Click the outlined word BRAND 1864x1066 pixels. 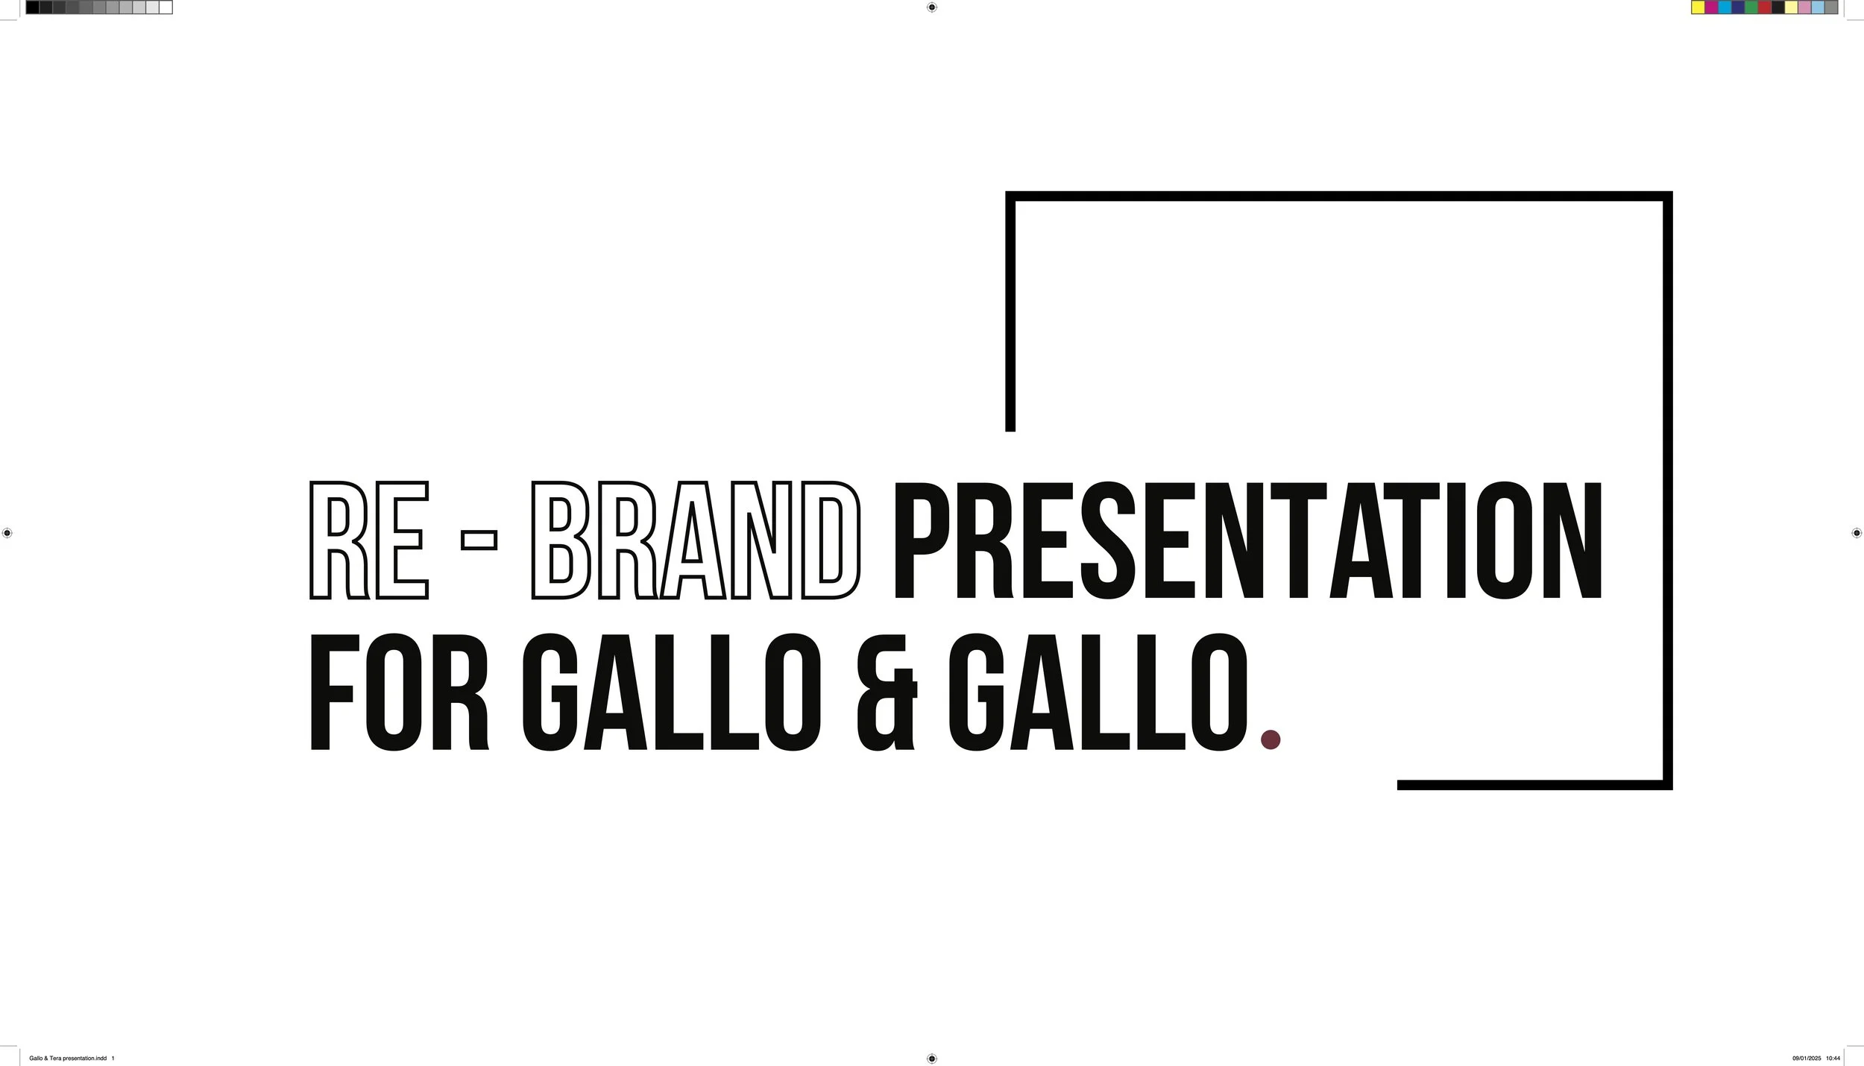[x=696, y=540]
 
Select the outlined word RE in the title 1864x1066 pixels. [x=369, y=540]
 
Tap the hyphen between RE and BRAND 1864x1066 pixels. [x=479, y=539]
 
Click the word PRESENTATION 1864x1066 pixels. [x=1247, y=540]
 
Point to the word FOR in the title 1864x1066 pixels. [x=399, y=693]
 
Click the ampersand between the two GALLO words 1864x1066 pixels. [x=887, y=693]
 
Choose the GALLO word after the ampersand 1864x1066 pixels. [x=1098, y=693]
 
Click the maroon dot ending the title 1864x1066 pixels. [x=1270, y=739]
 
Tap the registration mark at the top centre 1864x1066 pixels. [x=931, y=7]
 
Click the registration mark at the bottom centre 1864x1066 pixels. [x=931, y=1059]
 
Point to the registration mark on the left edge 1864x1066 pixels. [x=7, y=533]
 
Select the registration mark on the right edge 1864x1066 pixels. [x=1857, y=533]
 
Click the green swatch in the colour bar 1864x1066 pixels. [x=1751, y=7]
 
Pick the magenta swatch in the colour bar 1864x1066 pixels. [x=1711, y=7]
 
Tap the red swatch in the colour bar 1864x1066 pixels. [x=1765, y=7]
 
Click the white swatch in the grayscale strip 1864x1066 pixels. [x=166, y=7]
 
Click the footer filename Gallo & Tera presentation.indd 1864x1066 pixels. [x=67, y=1059]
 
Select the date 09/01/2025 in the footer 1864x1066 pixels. [x=1807, y=1059]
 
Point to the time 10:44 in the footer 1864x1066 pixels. [x=1833, y=1059]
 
